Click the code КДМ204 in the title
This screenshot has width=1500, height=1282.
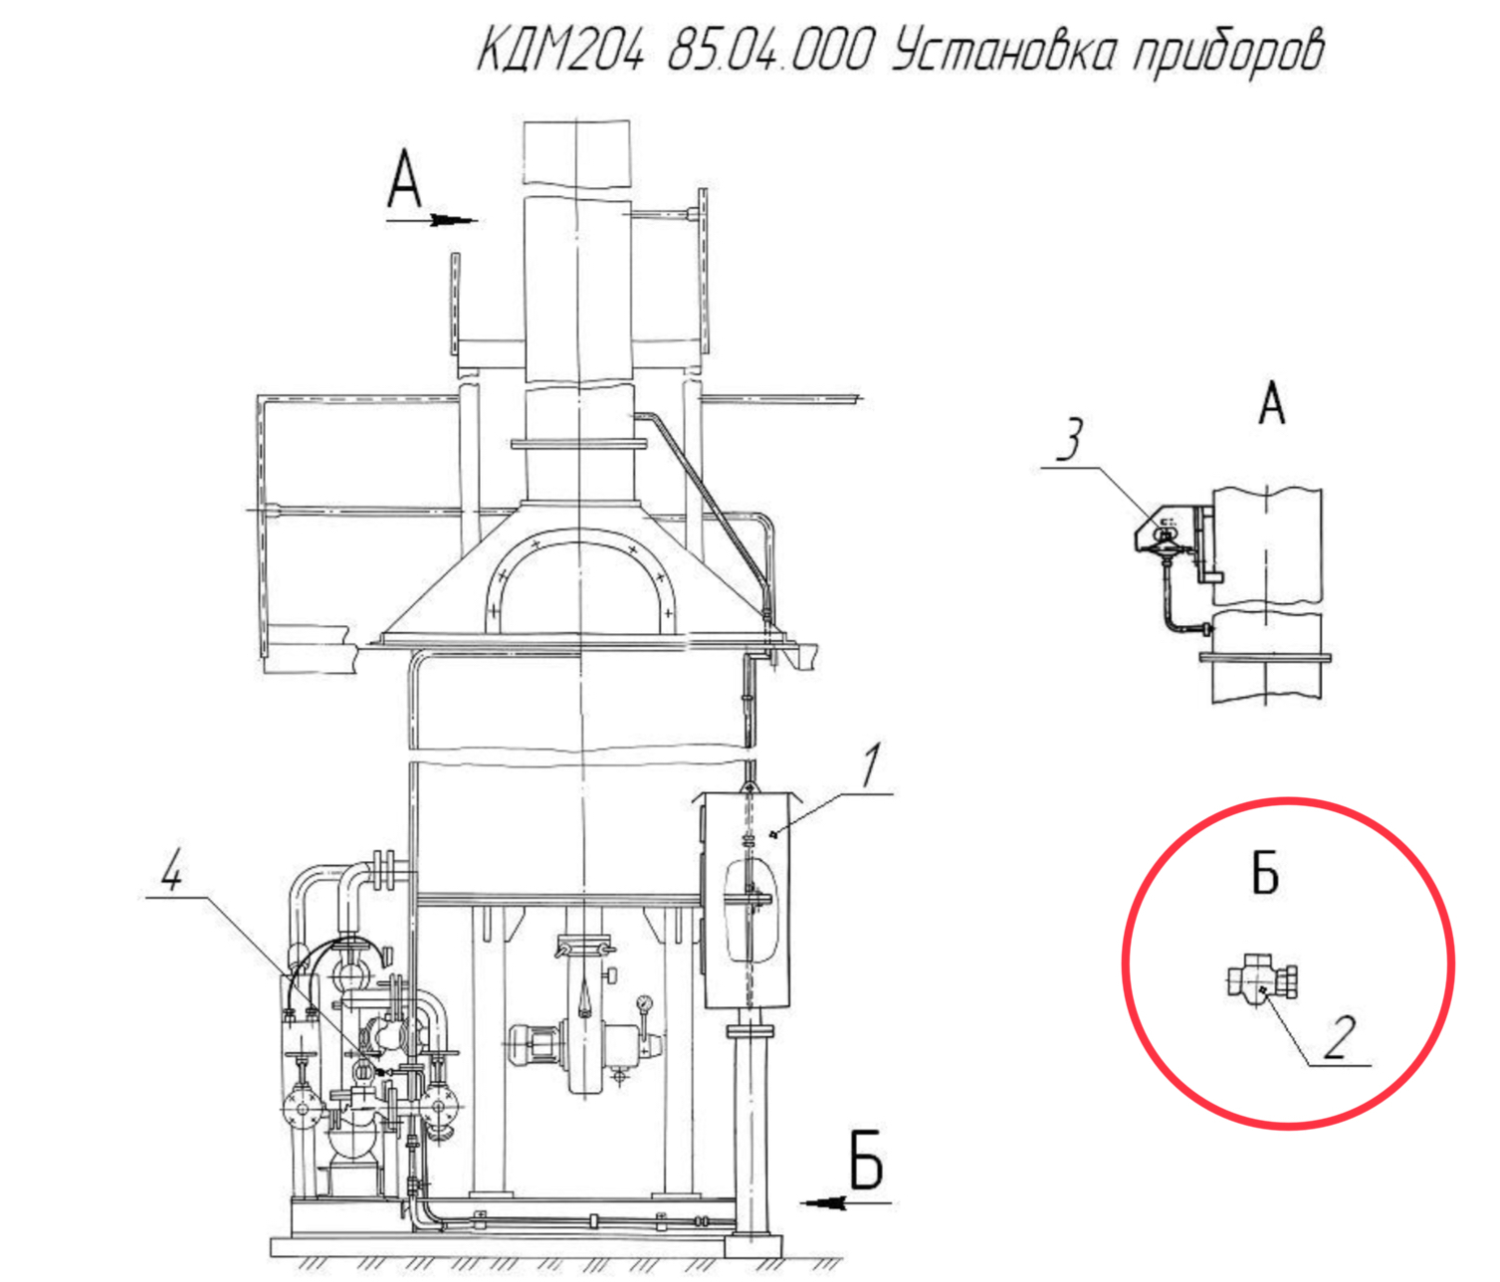(x=560, y=50)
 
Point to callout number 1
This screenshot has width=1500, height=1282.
(x=873, y=764)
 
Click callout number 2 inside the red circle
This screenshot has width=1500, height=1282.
(x=1339, y=1037)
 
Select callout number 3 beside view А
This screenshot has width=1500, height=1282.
(x=1071, y=440)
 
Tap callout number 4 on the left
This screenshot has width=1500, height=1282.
(x=171, y=869)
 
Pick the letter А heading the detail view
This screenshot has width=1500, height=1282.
(x=1271, y=404)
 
